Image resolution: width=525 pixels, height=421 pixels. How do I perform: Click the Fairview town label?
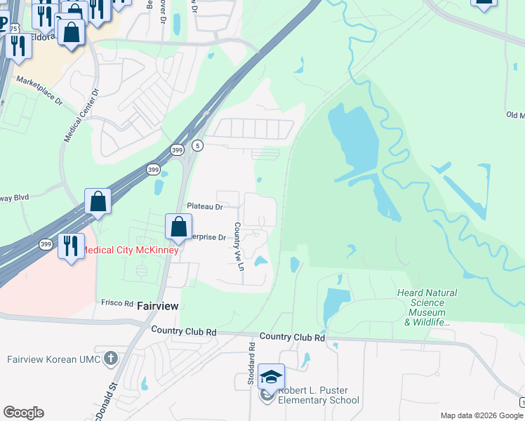(x=157, y=306)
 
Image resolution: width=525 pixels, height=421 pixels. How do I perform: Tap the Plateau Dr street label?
(x=204, y=206)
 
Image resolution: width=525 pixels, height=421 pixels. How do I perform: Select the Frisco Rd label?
(x=117, y=303)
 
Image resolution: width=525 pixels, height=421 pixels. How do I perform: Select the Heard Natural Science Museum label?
(x=427, y=307)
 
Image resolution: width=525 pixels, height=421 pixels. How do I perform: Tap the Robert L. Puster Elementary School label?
(x=319, y=396)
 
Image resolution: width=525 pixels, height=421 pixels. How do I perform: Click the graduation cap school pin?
(x=271, y=377)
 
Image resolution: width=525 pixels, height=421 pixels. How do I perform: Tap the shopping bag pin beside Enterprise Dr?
(x=179, y=227)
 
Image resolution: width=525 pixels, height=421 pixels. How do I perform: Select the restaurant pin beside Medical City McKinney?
(x=70, y=246)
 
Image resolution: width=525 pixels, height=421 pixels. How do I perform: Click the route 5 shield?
(x=199, y=145)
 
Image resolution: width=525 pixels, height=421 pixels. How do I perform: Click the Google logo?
(x=23, y=413)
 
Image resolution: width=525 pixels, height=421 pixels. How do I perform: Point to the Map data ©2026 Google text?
(x=481, y=415)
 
